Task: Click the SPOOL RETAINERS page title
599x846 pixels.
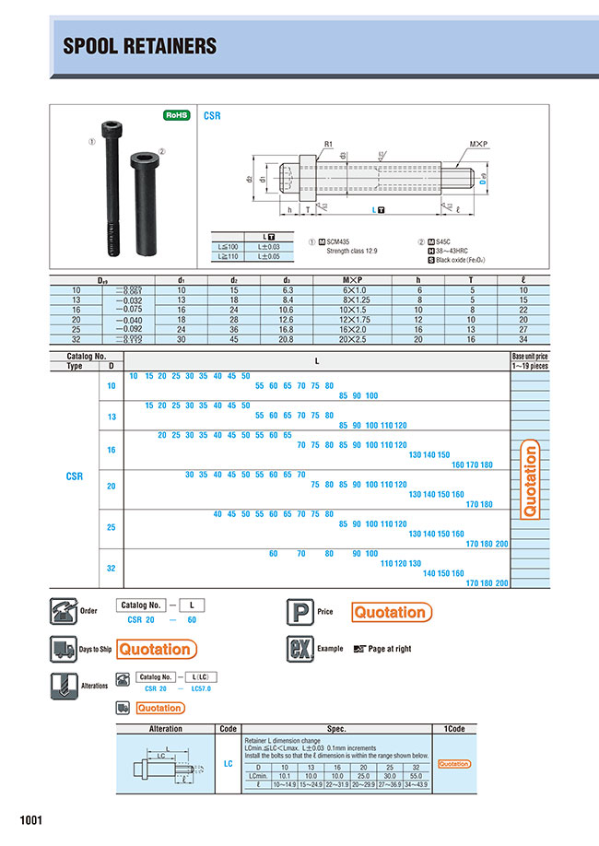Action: (x=139, y=45)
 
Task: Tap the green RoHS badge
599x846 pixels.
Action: (x=176, y=115)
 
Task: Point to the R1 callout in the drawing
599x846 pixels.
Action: (x=328, y=144)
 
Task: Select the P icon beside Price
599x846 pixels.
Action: (x=300, y=611)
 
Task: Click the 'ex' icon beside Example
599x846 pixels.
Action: (x=300, y=649)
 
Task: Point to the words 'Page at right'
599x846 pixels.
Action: (x=390, y=649)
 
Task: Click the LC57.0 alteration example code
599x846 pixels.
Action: (x=200, y=688)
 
